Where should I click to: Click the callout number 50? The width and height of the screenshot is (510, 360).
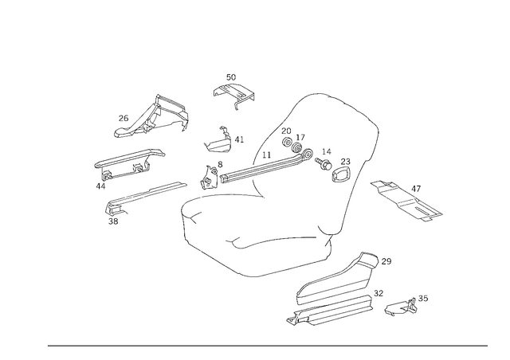[x=231, y=77]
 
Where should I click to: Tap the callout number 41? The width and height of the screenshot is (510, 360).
[x=239, y=140]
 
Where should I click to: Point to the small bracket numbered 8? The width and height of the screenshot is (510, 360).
[x=208, y=178]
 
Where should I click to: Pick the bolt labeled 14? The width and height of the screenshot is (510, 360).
[x=324, y=163]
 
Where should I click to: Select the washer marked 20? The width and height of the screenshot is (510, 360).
[x=287, y=143]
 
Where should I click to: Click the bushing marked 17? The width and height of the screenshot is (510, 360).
[x=297, y=147]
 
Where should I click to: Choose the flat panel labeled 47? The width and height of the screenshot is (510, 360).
[x=406, y=201]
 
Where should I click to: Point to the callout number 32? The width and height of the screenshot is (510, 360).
[x=379, y=293]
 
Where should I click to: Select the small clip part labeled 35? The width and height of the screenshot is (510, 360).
[x=400, y=307]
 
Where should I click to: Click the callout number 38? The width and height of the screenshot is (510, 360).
[x=113, y=221]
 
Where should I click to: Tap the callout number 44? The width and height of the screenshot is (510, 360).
[x=101, y=186]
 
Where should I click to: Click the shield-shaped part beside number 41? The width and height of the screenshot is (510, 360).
[x=218, y=142]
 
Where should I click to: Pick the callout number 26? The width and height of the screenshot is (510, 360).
[x=124, y=118]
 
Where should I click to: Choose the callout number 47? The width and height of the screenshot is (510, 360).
[x=416, y=189]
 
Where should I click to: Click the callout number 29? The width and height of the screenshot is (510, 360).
[x=386, y=261]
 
